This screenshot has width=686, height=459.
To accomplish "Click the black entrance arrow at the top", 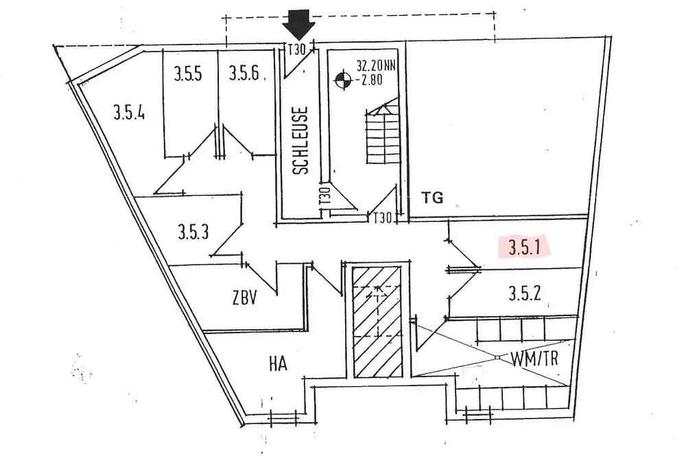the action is [299, 25].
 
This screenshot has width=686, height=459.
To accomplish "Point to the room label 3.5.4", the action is [129, 113].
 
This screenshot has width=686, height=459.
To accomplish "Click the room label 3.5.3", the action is [193, 231].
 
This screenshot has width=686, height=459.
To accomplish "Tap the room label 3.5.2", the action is [525, 294].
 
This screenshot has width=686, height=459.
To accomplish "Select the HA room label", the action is [277, 363].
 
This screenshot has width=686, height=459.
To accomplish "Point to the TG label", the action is [433, 199].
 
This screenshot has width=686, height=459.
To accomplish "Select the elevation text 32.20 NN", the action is [375, 67].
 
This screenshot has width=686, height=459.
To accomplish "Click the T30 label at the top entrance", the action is [296, 50].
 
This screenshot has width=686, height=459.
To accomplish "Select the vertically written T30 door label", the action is [325, 197].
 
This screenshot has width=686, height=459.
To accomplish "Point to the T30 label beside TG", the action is [382, 218].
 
